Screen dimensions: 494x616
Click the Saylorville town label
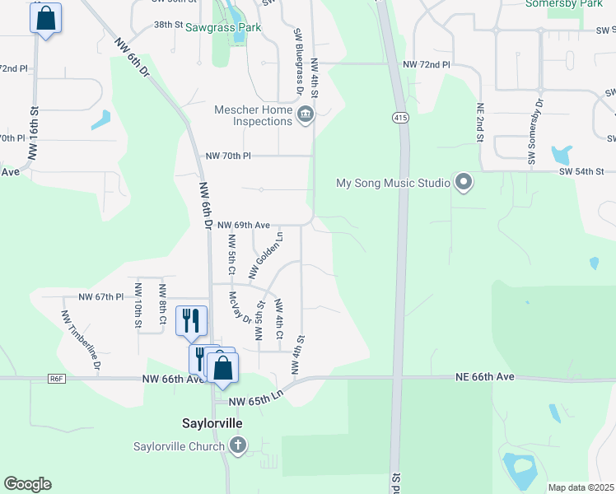click(212, 422)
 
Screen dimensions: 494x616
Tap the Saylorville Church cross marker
click(238, 447)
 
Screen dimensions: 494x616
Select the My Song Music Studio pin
click(464, 183)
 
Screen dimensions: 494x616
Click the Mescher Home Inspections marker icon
click(306, 114)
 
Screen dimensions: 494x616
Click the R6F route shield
click(56, 378)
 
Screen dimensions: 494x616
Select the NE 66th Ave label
click(484, 376)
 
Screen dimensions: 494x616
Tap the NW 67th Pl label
click(100, 296)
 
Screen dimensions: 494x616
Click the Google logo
click(27, 484)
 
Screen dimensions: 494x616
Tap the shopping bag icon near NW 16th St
click(46, 18)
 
